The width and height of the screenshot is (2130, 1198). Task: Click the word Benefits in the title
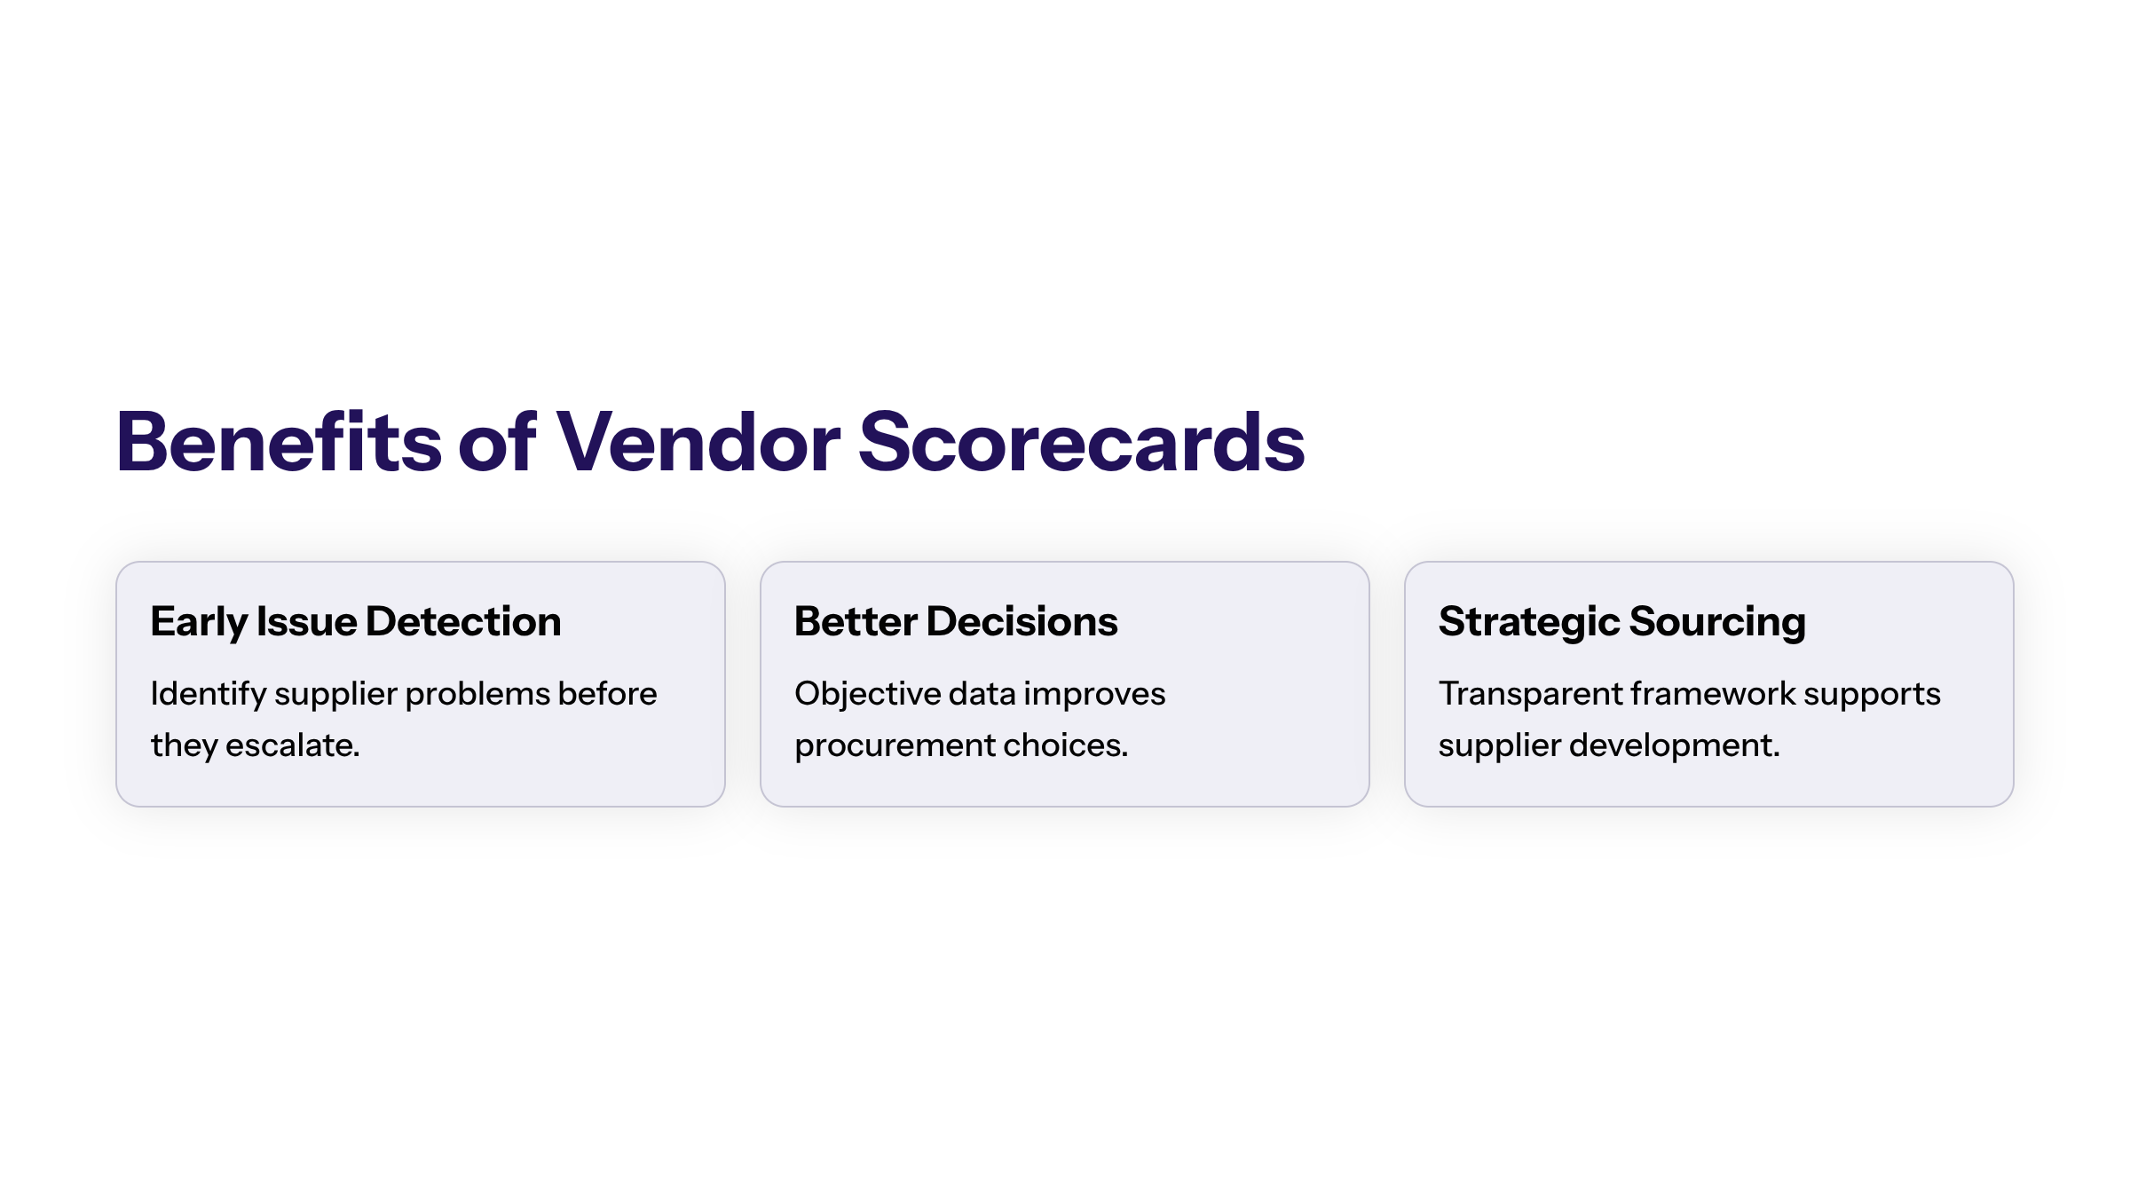(278, 442)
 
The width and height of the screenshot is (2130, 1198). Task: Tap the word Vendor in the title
(698, 442)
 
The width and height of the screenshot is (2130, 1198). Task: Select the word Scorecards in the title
(1081, 442)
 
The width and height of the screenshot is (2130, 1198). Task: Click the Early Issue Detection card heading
(355, 621)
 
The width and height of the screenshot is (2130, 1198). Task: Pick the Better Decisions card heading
(956, 621)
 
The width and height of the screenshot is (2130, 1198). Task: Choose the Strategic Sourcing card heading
(1621, 621)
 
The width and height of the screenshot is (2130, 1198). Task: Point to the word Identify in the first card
(209, 694)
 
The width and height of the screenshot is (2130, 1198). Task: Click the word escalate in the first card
(291, 745)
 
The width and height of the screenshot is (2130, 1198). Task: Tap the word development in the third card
(1674, 745)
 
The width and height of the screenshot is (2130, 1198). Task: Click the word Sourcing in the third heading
(1717, 621)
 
